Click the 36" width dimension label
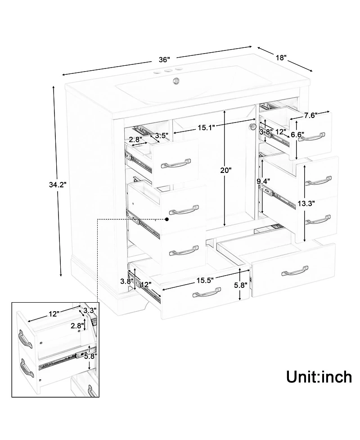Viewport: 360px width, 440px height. pyautogui.click(x=164, y=60)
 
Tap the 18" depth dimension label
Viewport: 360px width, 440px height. pyautogui.click(x=281, y=58)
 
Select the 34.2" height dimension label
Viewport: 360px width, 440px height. pyautogui.click(x=58, y=185)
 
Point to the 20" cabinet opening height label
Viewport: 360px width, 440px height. pyautogui.click(x=226, y=170)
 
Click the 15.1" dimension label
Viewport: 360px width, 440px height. pyautogui.click(x=206, y=128)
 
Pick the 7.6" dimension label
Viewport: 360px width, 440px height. pyautogui.click(x=310, y=115)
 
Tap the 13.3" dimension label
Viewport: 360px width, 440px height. pyautogui.click(x=306, y=204)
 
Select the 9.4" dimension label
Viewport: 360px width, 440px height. pyautogui.click(x=263, y=181)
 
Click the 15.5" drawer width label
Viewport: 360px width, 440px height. pyautogui.click(x=205, y=280)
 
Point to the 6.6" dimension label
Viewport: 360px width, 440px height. pyautogui.click(x=297, y=135)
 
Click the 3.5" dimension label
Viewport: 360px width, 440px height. pyautogui.click(x=162, y=136)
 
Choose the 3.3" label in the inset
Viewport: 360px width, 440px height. pyautogui.click(x=90, y=310)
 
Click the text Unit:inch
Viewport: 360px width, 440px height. pyautogui.click(x=319, y=376)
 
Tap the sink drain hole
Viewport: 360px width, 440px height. pyautogui.click(x=176, y=81)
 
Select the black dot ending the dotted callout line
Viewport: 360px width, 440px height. pyautogui.click(x=167, y=219)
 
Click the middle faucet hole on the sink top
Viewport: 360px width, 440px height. pyautogui.click(x=168, y=71)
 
